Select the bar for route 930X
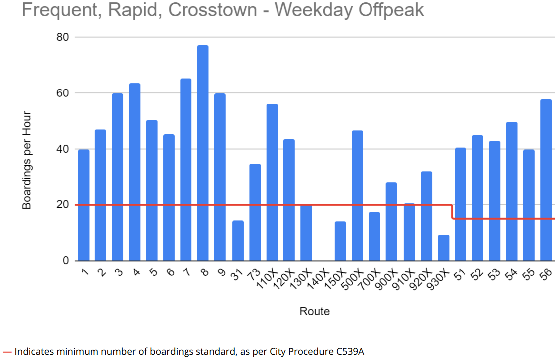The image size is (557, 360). [x=444, y=248]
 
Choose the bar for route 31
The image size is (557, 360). [x=238, y=241]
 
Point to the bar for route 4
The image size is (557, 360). [x=135, y=172]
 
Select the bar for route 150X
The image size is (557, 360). [x=340, y=241]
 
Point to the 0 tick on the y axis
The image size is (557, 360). [x=65, y=261]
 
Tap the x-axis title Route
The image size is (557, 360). [x=314, y=312]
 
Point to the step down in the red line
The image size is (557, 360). [x=452, y=212]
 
